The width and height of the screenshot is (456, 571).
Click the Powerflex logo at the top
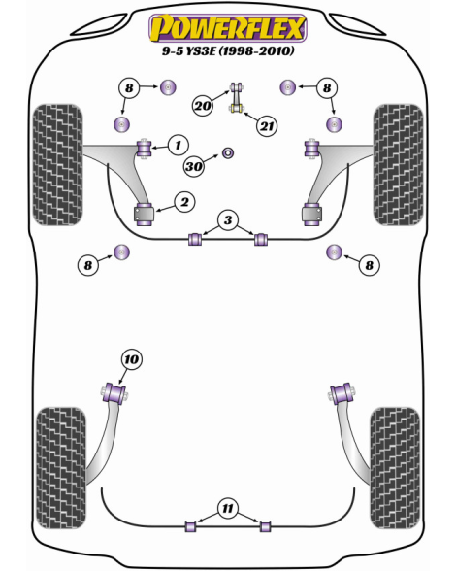pos(228,28)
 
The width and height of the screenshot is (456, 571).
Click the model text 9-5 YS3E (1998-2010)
pos(228,50)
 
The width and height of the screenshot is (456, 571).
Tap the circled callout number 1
pos(178,146)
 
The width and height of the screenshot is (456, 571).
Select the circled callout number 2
pos(185,202)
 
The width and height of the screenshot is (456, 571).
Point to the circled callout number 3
pos(228,219)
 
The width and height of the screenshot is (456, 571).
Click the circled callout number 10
pos(131,359)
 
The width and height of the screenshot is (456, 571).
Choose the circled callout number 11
pos(228,508)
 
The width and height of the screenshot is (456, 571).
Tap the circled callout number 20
pos(203,106)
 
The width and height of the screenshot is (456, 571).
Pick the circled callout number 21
pos(267,126)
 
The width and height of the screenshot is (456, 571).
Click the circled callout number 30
pos(194,166)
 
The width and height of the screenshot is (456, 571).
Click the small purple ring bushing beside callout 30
pos(228,153)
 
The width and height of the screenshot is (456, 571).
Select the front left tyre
pos(58,165)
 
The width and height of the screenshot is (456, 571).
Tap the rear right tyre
pos(395,468)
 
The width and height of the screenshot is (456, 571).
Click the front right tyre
pos(399,165)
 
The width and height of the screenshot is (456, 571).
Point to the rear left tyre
pos(61,468)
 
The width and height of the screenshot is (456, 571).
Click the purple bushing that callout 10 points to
pos(114,393)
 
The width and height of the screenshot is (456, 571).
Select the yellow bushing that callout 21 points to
pos(237,108)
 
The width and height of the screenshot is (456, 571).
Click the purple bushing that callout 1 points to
pos(145,149)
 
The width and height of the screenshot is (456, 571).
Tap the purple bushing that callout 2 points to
pos(145,216)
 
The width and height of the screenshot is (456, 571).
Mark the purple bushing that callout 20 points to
pos(236,87)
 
